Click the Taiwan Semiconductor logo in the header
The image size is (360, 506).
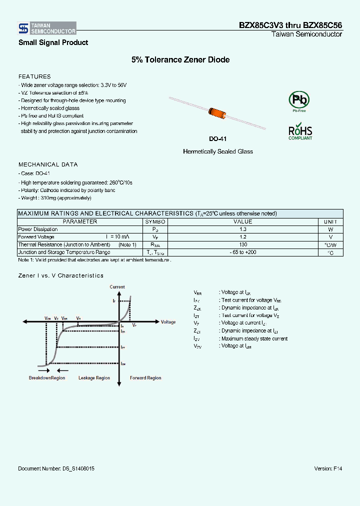[47, 28]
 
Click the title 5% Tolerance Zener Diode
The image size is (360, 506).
[180, 59]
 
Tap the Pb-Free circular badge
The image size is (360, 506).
[299, 100]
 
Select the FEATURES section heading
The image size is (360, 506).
[34, 76]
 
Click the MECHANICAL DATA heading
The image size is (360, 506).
[48, 164]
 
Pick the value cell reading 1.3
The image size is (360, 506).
[243, 229]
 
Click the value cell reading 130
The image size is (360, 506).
[243, 244]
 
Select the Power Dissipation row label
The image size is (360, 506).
[38, 229]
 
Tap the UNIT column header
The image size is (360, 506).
[330, 221]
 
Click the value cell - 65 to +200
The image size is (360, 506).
[243, 252]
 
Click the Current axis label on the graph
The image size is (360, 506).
[117, 287]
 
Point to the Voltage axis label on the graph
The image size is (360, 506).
[168, 322]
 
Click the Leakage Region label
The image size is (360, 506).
[94, 378]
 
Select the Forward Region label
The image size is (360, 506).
[145, 378]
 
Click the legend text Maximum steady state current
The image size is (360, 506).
[254, 338]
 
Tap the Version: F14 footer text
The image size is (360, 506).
[328, 468]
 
